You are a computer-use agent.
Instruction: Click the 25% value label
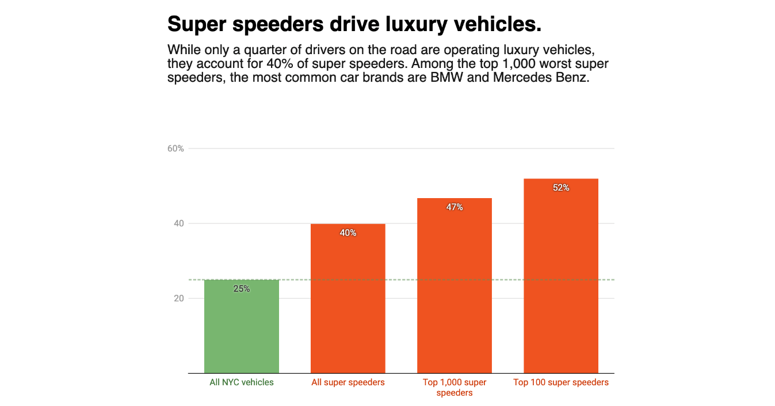tap(242, 289)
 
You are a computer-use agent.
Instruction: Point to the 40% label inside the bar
tap(348, 233)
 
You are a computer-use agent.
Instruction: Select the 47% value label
tap(454, 207)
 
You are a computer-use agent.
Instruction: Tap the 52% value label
tap(560, 187)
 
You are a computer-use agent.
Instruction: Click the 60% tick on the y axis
tap(175, 149)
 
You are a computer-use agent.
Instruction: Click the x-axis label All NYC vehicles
tap(242, 382)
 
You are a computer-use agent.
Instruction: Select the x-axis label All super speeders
tap(348, 382)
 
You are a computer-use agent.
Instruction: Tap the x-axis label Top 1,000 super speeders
tap(454, 388)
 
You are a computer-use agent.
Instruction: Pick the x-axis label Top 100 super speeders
tap(560, 382)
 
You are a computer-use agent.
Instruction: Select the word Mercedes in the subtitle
tap(517, 77)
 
